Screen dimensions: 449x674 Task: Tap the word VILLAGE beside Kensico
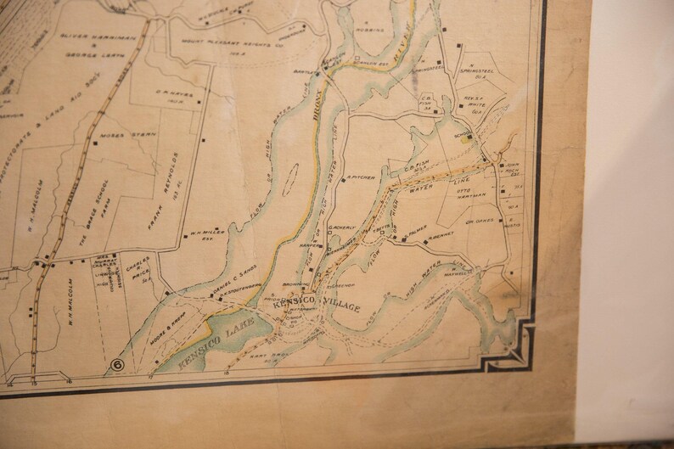[343, 306]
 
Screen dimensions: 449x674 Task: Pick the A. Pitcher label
[359, 178]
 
